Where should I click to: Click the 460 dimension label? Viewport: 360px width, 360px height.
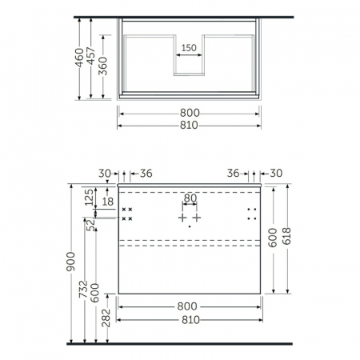79,58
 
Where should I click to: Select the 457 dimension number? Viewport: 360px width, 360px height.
91,56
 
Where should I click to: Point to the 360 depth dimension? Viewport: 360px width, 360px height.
102,66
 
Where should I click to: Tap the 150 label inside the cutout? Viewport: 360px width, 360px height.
189,48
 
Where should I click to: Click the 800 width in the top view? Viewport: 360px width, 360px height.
190,113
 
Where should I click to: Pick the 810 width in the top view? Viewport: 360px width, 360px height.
189,125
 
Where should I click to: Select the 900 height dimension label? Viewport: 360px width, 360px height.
71,262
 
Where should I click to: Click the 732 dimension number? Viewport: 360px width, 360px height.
83,289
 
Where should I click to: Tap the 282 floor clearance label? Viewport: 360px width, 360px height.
106,318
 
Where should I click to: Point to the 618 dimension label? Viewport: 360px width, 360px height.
286,236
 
